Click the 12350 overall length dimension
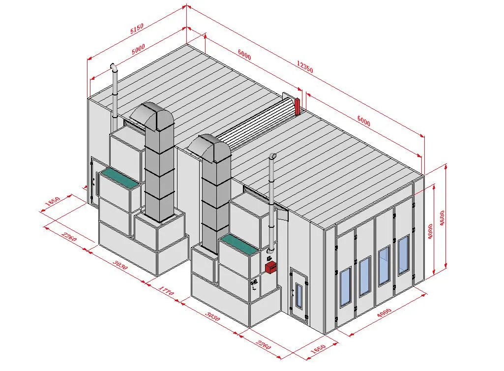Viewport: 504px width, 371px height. (x=305, y=67)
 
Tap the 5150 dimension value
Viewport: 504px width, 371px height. (x=137, y=29)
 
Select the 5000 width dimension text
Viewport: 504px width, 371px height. (x=139, y=49)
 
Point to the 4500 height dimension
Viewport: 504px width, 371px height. (x=442, y=218)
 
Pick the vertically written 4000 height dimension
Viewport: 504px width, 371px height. (x=430, y=231)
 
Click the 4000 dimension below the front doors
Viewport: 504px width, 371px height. (x=384, y=313)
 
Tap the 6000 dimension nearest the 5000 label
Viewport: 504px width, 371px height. (x=244, y=55)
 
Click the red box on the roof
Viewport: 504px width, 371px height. (x=297, y=106)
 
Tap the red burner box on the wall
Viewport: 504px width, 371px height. (x=270, y=267)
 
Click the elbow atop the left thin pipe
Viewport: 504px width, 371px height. (x=114, y=67)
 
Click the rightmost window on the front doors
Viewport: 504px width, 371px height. (x=403, y=255)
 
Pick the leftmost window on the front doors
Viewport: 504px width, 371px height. (x=345, y=287)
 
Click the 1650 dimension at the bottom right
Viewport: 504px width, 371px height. (x=318, y=348)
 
